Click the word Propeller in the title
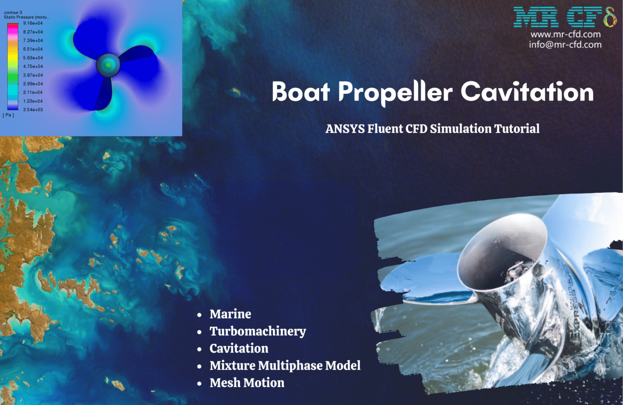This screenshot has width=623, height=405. (395, 92)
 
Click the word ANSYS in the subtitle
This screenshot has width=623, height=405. (345, 129)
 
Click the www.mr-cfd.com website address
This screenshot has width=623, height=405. (565, 34)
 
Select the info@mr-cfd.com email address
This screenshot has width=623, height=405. (565, 45)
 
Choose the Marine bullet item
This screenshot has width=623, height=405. (230, 314)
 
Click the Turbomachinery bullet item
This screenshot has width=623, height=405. (258, 331)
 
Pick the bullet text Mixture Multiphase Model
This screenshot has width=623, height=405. (285, 366)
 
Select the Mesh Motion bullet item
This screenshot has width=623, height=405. (247, 383)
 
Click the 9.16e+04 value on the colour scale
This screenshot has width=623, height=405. (33, 24)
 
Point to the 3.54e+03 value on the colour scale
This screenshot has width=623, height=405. (33, 110)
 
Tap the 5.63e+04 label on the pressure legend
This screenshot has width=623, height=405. (33, 58)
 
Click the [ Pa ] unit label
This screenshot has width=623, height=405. (9, 115)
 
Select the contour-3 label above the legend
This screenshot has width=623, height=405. (13, 13)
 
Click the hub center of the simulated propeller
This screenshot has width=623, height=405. (108, 65)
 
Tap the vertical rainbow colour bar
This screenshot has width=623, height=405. (13, 66)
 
